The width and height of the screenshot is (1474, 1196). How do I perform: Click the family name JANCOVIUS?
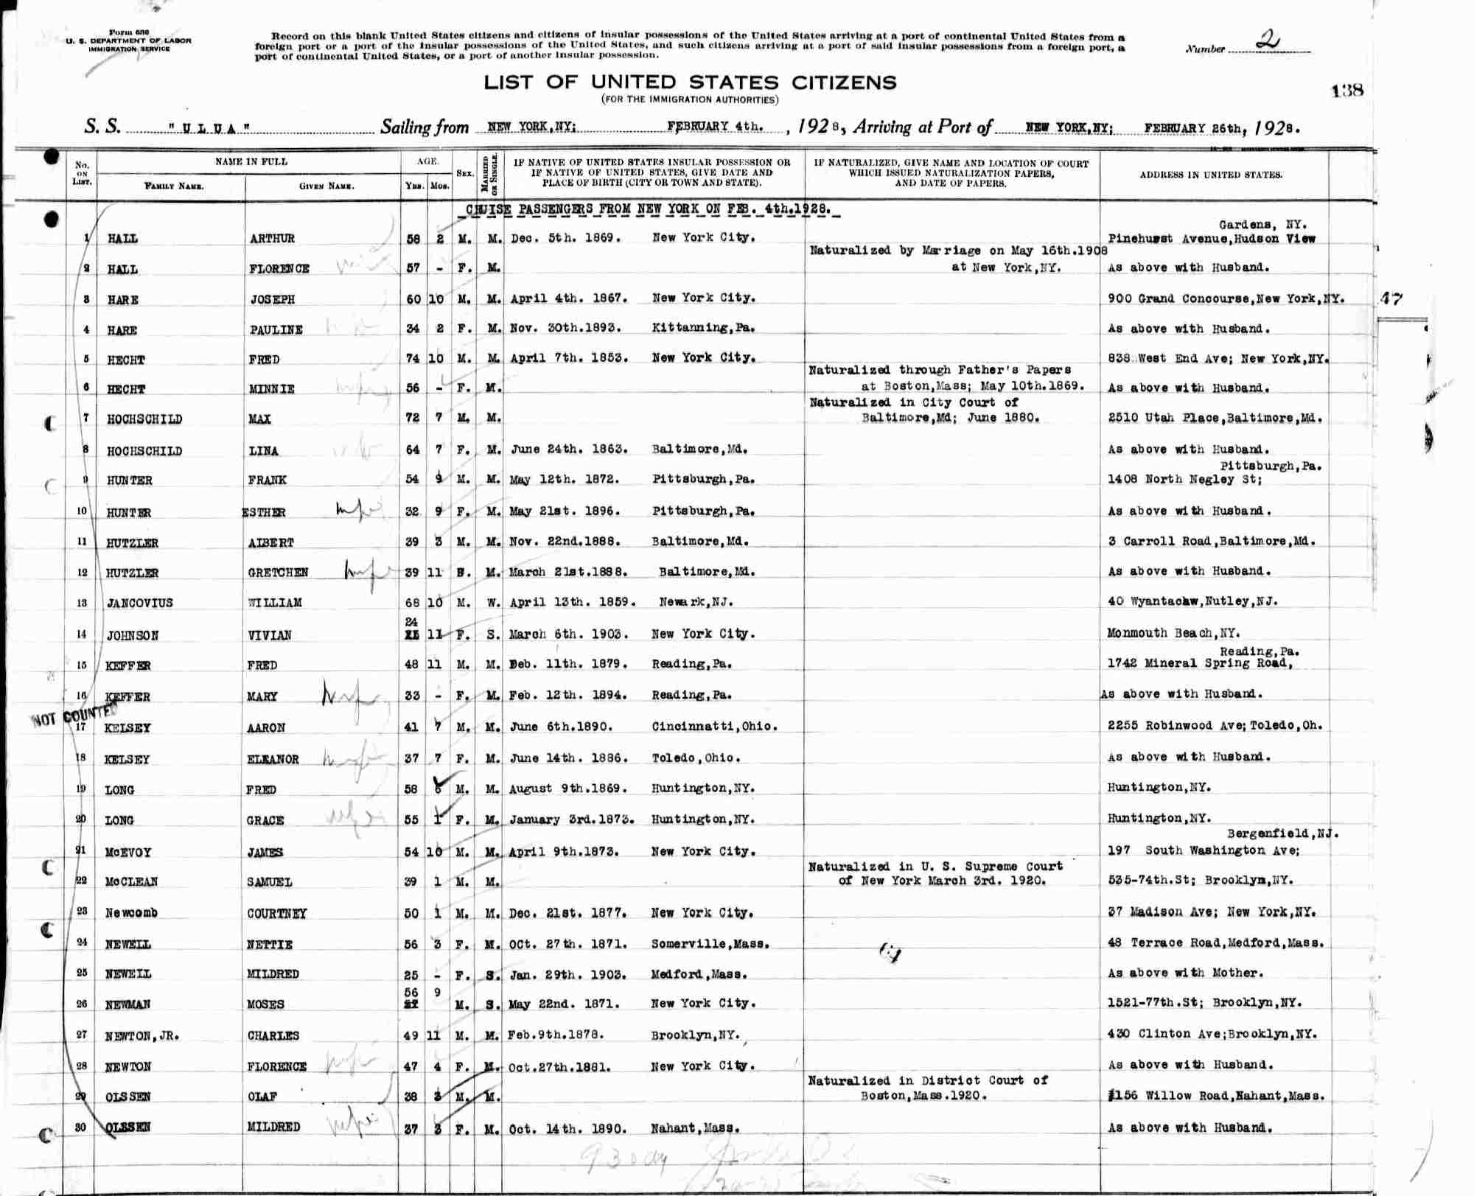point(139,603)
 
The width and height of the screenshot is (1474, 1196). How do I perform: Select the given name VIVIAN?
point(270,634)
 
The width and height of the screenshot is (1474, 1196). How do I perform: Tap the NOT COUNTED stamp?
point(74,716)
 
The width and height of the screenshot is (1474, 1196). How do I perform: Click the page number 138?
point(1347,91)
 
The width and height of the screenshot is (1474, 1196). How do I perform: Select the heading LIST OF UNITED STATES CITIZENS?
point(690,82)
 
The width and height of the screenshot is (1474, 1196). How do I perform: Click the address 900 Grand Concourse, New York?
point(1226,298)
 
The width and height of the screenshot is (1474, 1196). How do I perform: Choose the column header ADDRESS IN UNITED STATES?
point(1211,175)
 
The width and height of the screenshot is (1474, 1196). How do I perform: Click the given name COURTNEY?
point(277,913)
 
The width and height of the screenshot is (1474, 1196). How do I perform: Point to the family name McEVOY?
point(128,852)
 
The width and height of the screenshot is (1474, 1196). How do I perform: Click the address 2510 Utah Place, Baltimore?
point(1215,419)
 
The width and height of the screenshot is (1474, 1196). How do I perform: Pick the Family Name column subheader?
point(174,186)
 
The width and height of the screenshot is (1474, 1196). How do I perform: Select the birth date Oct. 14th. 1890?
point(567,1128)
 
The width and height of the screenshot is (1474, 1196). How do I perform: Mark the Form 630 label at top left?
point(128,32)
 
